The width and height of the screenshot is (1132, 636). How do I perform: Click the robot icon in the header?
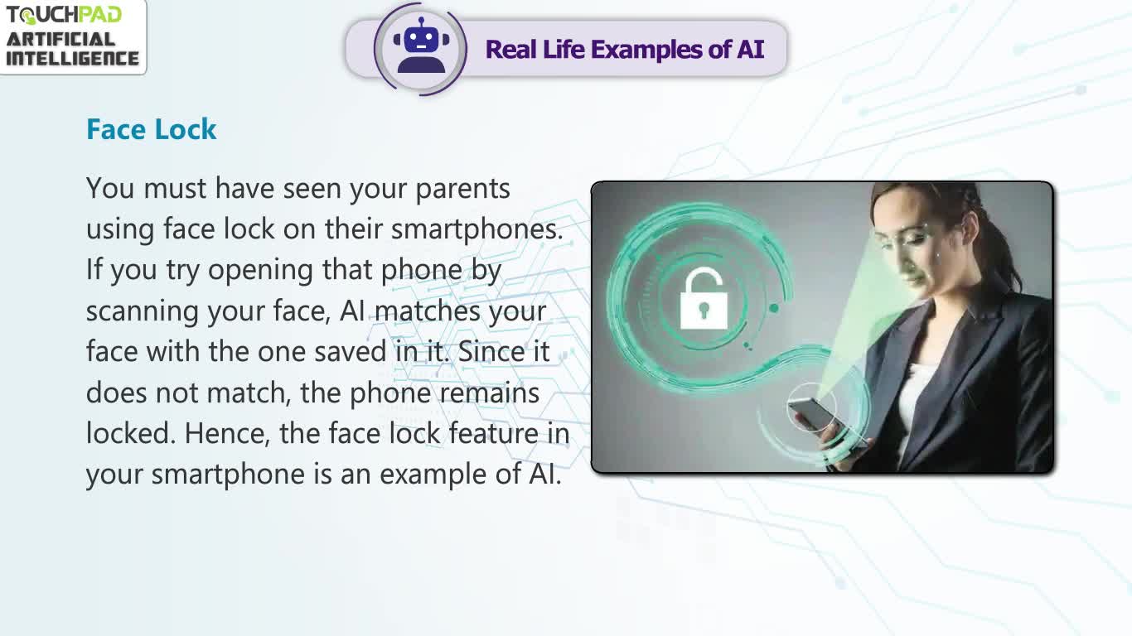point(421,46)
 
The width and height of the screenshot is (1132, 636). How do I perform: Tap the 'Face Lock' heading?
point(151,129)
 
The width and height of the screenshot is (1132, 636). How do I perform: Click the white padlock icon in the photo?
point(704,298)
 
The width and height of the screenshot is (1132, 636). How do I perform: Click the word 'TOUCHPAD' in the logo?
point(64,15)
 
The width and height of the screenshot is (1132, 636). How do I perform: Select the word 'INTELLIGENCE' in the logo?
point(72,59)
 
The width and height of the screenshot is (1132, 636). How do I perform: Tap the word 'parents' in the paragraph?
point(462,190)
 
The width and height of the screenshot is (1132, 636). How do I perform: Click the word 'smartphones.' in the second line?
point(477,230)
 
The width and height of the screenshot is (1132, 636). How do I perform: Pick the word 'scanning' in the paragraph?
point(142,311)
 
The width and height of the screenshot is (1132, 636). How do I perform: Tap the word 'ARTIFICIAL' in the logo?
point(60,40)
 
